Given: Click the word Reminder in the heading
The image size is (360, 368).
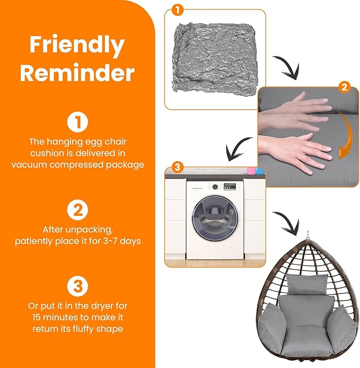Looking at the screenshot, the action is [x=77, y=73].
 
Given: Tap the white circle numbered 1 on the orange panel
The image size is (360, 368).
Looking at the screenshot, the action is [x=78, y=121].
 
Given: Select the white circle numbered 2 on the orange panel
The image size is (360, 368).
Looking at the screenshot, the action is [x=78, y=209].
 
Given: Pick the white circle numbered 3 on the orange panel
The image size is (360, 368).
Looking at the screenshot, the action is [x=78, y=286].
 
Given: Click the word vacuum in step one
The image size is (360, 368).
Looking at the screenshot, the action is [x=29, y=164].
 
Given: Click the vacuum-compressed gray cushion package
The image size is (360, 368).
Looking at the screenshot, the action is [x=215, y=60].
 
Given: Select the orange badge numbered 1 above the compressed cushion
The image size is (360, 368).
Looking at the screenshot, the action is [x=178, y=10].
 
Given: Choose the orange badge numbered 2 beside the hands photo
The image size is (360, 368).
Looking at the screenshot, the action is [x=344, y=87].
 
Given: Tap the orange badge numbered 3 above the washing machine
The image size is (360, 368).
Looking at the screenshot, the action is [x=178, y=167].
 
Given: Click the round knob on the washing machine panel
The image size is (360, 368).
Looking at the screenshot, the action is [x=215, y=187].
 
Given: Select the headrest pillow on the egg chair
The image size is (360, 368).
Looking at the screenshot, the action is [x=307, y=284].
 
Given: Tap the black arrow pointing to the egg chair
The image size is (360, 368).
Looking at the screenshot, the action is [x=288, y=223].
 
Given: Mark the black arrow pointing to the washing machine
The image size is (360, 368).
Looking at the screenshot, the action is [x=237, y=148].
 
